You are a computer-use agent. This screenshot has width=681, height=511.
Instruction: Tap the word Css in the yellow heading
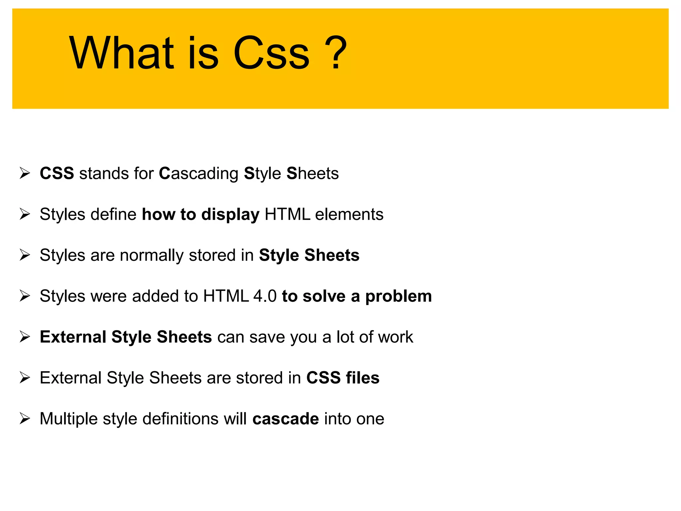coord(271,53)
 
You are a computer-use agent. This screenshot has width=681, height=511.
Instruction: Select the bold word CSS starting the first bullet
coord(57,173)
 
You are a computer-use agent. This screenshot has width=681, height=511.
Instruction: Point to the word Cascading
coord(199,174)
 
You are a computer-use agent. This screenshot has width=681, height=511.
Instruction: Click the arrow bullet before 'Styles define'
coord(25,214)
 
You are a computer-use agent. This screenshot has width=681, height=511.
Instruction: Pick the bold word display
coord(230,215)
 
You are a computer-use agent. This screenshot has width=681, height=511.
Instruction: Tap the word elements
coord(349,214)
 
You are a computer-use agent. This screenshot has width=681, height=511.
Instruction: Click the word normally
coord(152,255)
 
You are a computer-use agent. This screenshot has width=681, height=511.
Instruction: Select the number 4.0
coord(265,296)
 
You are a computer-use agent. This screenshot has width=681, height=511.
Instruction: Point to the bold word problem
coord(398,296)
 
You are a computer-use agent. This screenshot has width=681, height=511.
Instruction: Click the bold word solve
coord(324,296)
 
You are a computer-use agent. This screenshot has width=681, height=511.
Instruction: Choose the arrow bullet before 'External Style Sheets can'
coord(25,337)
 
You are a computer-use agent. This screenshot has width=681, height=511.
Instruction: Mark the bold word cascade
coord(286,419)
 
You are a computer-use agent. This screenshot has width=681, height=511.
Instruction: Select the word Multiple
coord(69,419)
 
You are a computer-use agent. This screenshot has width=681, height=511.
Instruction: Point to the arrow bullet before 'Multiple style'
coord(25,419)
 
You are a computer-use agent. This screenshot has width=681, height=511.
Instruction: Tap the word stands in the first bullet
coord(103,174)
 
